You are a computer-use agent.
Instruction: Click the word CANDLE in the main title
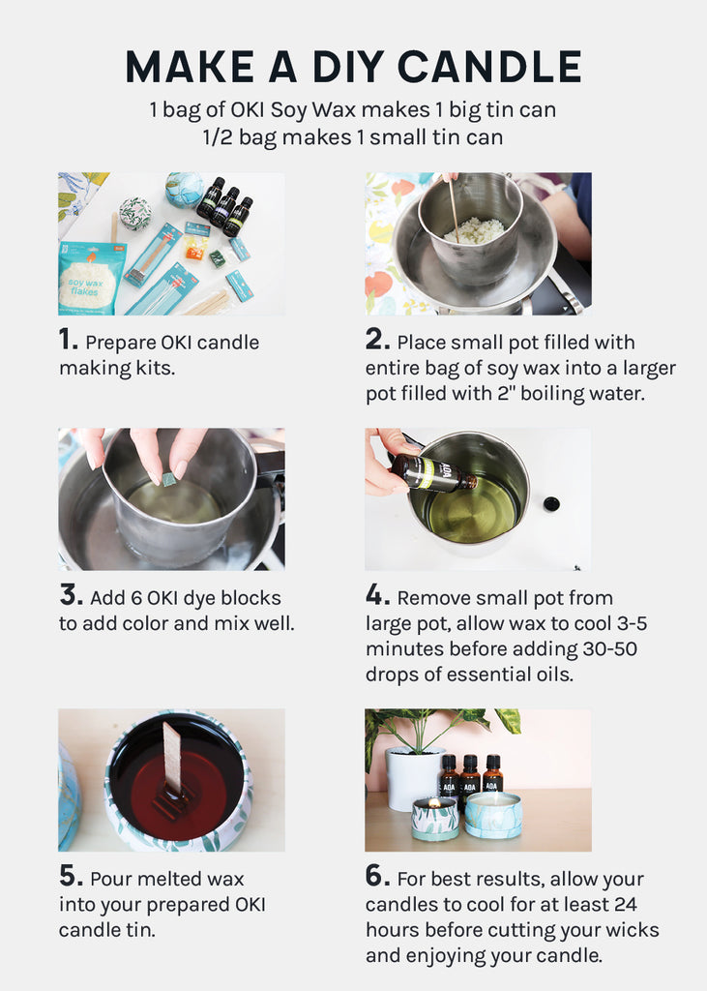coord(489,67)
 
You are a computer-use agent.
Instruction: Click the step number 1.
coord(69,340)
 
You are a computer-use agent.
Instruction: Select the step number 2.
coord(377,340)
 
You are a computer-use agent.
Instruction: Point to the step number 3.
coord(71,595)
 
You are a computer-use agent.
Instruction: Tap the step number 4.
coord(377,595)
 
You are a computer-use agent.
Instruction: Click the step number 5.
coord(71,876)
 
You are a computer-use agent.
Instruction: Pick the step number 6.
coord(377,876)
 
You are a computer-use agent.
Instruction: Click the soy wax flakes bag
coord(90,277)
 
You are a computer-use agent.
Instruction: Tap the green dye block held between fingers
coord(168,480)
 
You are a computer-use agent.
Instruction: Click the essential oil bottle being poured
coord(432,473)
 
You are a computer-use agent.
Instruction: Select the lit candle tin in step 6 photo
coord(434,819)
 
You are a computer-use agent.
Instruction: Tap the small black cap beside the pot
coord(551,503)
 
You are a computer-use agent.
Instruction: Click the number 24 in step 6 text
coord(625,904)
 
